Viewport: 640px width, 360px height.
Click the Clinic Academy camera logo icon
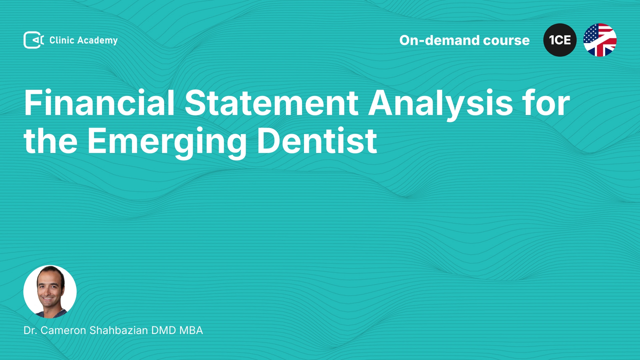(34, 40)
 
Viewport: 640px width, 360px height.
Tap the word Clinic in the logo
(62, 40)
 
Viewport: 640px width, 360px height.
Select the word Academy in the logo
(97, 41)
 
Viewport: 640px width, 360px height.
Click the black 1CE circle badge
(560, 40)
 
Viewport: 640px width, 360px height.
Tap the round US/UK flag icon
(600, 40)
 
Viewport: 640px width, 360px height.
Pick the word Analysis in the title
(441, 104)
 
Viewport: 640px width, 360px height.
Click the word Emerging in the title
(167, 143)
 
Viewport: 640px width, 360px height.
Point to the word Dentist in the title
(317, 141)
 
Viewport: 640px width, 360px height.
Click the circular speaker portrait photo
(50, 292)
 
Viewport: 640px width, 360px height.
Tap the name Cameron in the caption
(63, 330)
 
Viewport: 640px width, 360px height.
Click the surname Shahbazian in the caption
(119, 330)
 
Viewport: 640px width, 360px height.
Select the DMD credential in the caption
(164, 330)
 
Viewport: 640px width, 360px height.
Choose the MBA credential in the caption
(191, 330)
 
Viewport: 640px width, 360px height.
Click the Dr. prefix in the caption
(30, 330)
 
